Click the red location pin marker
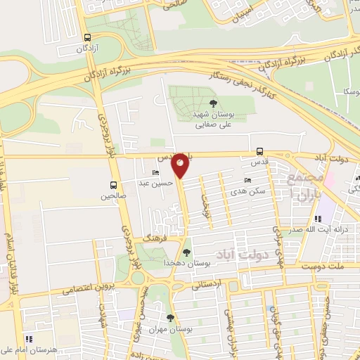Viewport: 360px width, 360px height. (181, 165)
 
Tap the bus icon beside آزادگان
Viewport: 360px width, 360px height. (86, 39)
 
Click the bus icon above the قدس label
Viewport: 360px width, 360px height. (260, 150)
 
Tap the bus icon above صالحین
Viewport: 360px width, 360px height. (112, 185)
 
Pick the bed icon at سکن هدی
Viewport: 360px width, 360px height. (247, 180)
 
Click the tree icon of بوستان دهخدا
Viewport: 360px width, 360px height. (186, 252)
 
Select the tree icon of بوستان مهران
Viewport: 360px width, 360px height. (169, 318)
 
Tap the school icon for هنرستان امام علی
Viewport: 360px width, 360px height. (29, 338)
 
